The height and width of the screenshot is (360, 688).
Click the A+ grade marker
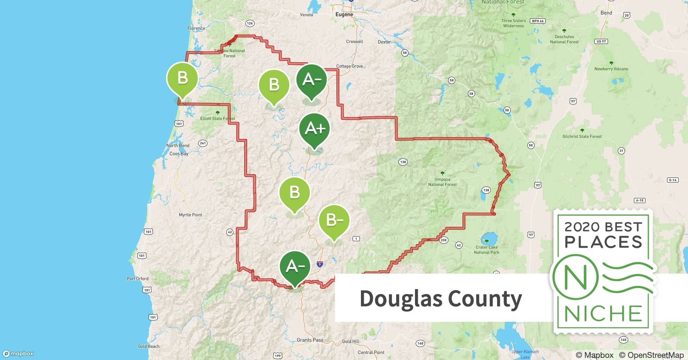314,129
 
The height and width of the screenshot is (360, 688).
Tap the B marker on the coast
182,78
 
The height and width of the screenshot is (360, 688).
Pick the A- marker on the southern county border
295,266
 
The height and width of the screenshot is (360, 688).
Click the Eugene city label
344,14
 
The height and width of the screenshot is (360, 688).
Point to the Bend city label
606,13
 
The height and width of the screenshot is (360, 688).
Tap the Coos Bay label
179,154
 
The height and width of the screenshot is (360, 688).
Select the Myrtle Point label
191,215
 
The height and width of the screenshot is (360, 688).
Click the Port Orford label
138,279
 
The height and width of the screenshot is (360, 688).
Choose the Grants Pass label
310,340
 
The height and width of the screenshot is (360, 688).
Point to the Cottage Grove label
349,66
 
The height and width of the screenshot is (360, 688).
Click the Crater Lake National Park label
487,250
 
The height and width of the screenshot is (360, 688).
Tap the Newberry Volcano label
611,69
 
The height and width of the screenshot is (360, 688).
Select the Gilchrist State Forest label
582,136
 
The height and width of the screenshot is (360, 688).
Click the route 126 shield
250,23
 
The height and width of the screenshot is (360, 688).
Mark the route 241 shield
203,143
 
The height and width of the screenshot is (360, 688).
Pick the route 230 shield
443,240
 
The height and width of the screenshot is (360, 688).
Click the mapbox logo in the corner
18,354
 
